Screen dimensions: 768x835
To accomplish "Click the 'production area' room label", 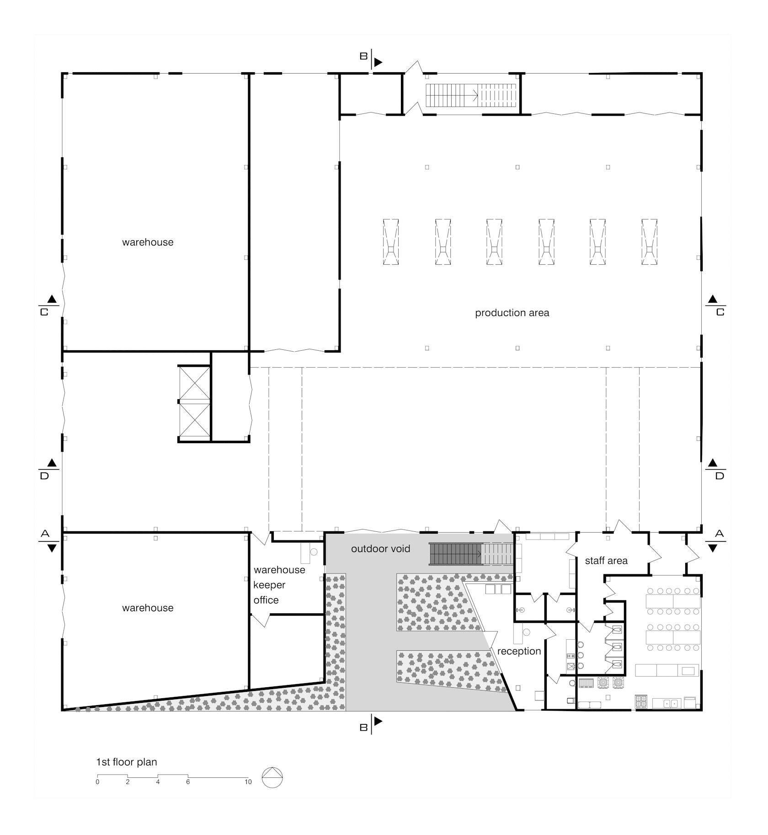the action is coord(512,313).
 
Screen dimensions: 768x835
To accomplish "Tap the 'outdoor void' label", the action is coord(381,549).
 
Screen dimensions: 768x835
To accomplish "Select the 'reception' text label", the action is coord(519,651).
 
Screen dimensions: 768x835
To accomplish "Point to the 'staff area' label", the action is coord(606,561).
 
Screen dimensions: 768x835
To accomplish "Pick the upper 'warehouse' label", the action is coord(148,242).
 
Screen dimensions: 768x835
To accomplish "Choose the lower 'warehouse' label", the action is coord(148,608).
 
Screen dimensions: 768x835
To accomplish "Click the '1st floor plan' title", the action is coord(127,762).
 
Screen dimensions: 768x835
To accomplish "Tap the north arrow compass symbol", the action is coord(272,777).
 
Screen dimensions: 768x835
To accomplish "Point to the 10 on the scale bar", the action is coord(248,782).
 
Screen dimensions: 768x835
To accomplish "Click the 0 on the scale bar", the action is coord(97,782).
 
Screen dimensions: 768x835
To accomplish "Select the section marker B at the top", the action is coord(371,59).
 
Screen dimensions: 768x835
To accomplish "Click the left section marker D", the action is coord(49,470).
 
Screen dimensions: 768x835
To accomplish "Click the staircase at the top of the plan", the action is coord(471,95).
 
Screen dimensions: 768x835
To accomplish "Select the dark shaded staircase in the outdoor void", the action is coord(455,554).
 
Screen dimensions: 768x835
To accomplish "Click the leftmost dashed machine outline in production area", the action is coord(390,242).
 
